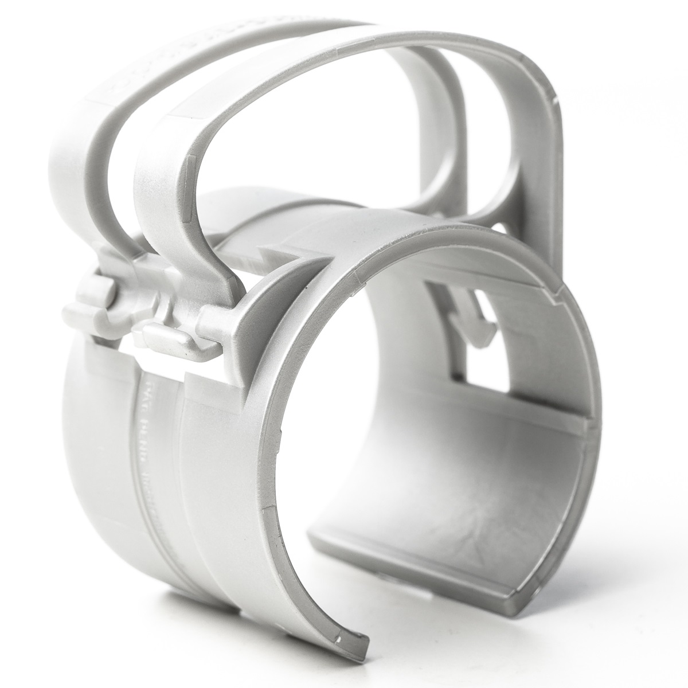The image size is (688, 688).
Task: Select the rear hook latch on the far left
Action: point(86,312)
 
